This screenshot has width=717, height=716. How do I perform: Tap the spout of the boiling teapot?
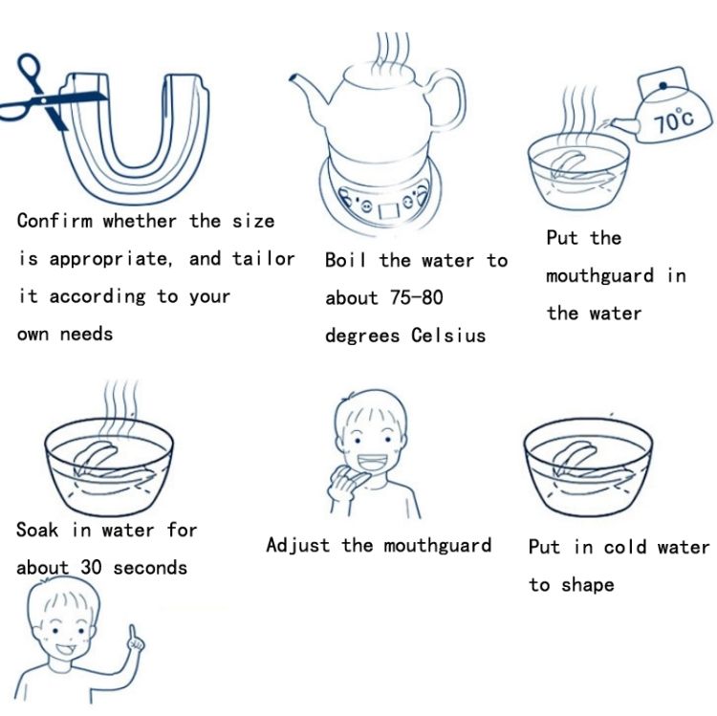tap(311, 93)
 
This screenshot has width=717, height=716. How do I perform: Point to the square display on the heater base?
tap(390, 210)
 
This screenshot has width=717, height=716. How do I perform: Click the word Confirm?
tap(54, 221)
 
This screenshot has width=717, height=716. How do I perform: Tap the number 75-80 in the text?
tap(417, 297)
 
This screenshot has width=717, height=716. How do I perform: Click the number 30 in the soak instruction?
tap(91, 568)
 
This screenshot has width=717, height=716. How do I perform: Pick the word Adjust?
tap(297, 545)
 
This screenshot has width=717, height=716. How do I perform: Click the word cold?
tap(625, 547)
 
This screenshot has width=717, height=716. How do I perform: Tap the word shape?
tap(588, 586)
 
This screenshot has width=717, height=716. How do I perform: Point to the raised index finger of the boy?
tap(133, 635)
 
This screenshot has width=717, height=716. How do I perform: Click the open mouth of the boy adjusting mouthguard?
tap(371, 463)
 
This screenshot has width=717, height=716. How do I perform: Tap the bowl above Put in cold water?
tap(589, 467)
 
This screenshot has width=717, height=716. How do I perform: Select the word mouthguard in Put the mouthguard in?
tap(599, 276)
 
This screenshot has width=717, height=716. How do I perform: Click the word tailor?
tap(264, 258)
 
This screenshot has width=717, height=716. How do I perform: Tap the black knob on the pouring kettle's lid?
tap(663, 85)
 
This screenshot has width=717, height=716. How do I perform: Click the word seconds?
tap(150, 568)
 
